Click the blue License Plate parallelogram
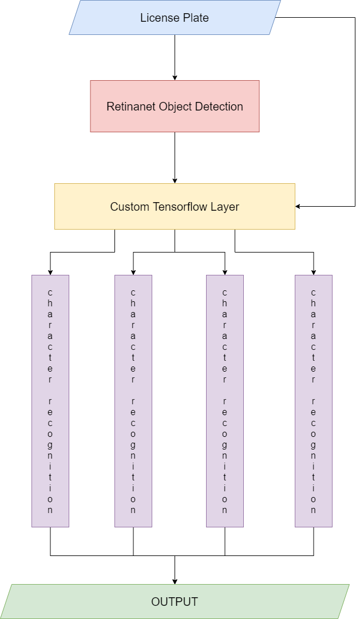(175, 18)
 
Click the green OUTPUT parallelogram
(175, 602)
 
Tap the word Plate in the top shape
(196, 18)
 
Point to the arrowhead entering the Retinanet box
(175, 77)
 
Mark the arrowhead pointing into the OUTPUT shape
(175, 581)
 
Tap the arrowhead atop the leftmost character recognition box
(50, 271)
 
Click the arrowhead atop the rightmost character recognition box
(314, 271)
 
